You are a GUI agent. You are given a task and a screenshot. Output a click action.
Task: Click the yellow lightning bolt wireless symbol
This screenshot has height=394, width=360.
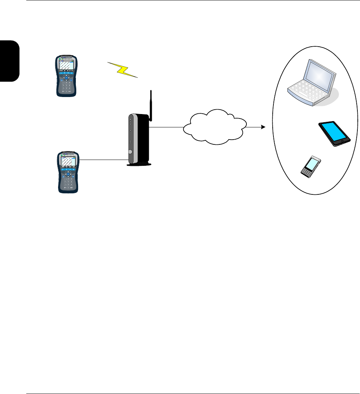tap(123, 70)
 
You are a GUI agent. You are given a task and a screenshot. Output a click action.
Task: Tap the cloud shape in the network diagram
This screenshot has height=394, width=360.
tap(215, 127)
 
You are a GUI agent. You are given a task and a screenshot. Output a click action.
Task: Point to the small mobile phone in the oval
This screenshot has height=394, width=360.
tap(310, 167)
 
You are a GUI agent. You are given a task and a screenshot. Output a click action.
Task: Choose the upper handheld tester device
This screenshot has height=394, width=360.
tap(66, 76)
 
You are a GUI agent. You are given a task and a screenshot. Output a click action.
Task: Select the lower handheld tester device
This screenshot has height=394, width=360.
tap(66, 171)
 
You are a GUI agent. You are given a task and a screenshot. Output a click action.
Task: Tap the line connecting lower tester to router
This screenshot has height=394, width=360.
tap(104, 160)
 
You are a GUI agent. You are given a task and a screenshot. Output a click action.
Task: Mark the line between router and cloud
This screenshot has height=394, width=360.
tap(166, 127)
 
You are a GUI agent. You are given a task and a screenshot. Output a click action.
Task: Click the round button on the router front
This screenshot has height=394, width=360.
tap(129, 152)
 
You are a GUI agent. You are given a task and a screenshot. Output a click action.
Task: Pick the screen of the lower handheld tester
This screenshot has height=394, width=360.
tap(66, 161)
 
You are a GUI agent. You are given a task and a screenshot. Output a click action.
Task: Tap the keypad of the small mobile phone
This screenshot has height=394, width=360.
tap(306, 171)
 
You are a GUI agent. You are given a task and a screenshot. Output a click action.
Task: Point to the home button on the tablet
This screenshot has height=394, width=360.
tap(343, 141)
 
